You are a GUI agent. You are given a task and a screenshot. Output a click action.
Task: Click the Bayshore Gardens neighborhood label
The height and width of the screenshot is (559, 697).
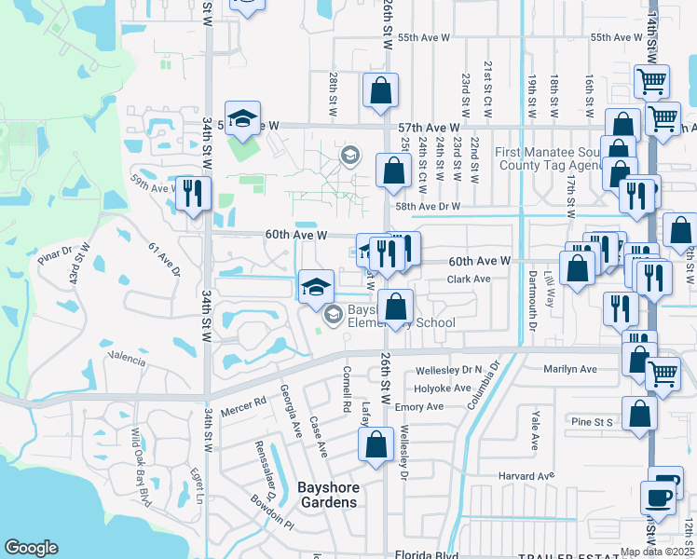(326, 495)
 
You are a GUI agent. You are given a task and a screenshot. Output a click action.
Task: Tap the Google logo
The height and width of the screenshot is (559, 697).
(32, 548)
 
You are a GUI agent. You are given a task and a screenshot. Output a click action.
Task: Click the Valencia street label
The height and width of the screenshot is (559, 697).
(128, 359)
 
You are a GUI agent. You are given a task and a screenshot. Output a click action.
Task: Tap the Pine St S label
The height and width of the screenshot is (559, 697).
(591, 422)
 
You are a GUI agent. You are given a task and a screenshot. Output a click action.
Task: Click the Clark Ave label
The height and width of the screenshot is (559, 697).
(468, 279)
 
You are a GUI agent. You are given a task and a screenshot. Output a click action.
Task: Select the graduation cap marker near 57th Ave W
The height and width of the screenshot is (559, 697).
(242, 118)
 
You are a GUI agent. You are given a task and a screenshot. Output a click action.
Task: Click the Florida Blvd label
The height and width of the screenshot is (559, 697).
(427, 553)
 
